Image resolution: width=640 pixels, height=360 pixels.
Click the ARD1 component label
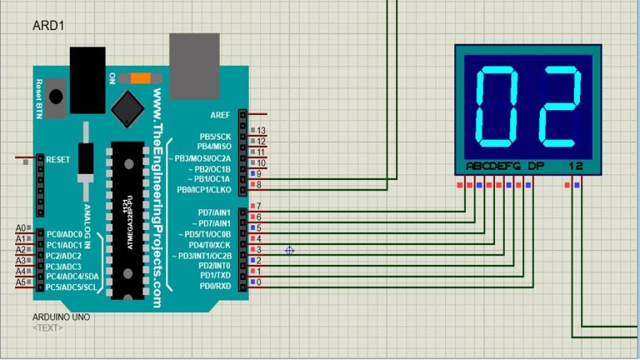coord(48,27)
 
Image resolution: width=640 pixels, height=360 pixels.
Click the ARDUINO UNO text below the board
coord(61,317)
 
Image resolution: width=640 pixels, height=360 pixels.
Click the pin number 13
coord(261,131)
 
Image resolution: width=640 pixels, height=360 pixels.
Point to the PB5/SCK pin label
coord(214,136)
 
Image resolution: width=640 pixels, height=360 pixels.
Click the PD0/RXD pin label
coord(214,287)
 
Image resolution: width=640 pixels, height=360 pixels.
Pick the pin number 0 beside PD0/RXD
coord(258,283)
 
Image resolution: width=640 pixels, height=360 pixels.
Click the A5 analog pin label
coord(22,282)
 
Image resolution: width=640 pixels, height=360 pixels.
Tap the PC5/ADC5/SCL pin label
coord(71,287)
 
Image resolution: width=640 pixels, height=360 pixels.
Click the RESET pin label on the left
coord(57,159)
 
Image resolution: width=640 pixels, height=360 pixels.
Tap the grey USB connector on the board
coord(192,59)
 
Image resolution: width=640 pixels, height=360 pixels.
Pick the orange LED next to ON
coord(139,77)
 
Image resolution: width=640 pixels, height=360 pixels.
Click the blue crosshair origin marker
coord(290,250)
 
